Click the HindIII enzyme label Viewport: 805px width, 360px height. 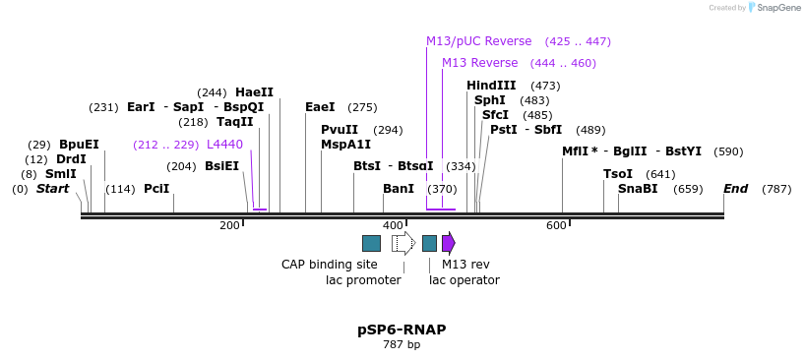click(x=491, y=86)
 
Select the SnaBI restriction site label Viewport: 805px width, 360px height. click(x=638, y=189)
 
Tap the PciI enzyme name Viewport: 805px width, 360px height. click(x=156, y=189)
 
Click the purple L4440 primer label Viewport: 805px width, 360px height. click(x=224, y=145)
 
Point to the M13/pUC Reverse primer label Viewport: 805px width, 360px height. click(x=478, y=41)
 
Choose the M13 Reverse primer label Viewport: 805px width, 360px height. click(x=479, y=63)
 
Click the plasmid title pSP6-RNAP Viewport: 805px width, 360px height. click(x=402, y=330)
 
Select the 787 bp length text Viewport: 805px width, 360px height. click(x=402, y=345)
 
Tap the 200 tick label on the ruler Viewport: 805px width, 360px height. click(x=229, y=226)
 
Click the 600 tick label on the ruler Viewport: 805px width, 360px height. click(x=556, y=226)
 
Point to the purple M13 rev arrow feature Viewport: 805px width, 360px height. click(x=449, y=243)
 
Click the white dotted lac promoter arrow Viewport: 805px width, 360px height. click(x=403, y=243)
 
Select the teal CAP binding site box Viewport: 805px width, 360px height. click(x=371, y=243)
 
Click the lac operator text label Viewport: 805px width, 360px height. click(x=464, y=280)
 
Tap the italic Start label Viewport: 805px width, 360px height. click(x=52, y=189)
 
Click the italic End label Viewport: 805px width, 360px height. click(x=735, y=189)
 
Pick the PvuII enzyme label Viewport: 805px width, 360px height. click(x=340, y=130)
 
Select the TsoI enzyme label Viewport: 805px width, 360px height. click(x=618, y=174)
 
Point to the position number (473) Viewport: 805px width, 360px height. click(x=545, y=86)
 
